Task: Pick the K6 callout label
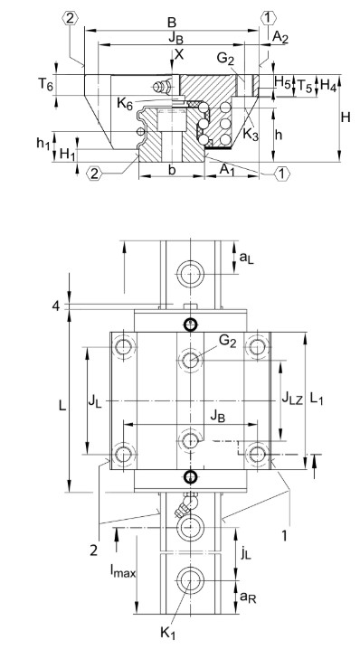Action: [x=128, y=106]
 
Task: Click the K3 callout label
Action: [x=251, y=135]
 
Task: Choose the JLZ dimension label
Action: [x=290, y=397]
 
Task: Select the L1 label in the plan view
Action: [x=317, y=397]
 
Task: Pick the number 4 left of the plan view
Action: [x=57, y=306]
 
